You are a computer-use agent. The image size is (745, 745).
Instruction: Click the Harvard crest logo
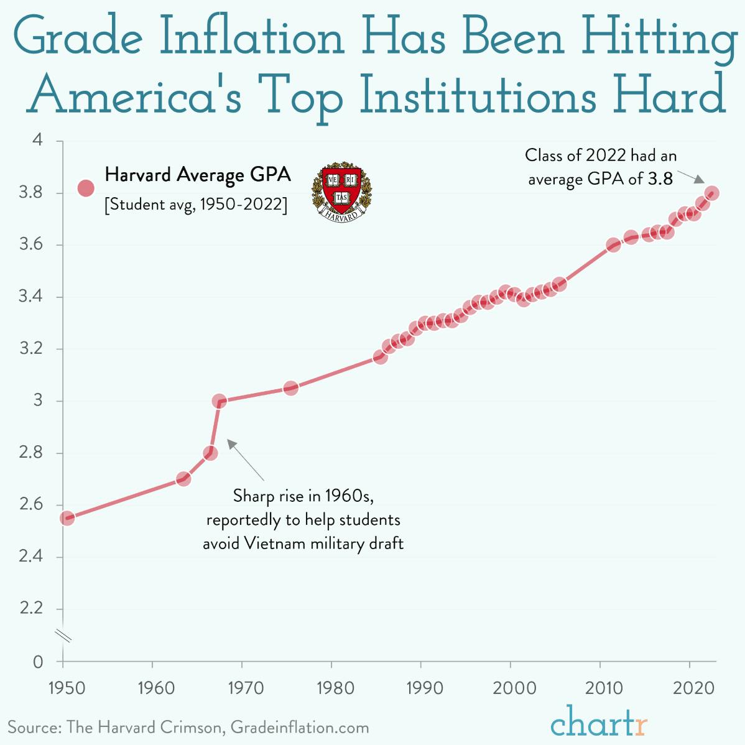[341, 192]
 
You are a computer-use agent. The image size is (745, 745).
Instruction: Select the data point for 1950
[67, 518]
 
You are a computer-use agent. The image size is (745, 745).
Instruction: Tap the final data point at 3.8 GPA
[712, 193]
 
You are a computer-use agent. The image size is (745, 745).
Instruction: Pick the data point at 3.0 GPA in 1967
[219, 401]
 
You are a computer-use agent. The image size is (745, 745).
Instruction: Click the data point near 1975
[290, 388]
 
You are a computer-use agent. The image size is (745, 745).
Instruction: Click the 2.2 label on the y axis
[30, 608]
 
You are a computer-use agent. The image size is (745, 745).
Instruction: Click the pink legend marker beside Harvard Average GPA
[85, 188]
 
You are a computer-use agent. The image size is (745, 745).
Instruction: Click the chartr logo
[599, 723]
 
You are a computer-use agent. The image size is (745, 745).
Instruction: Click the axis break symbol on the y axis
[63, 635]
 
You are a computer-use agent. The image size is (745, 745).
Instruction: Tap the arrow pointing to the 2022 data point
[690, 177]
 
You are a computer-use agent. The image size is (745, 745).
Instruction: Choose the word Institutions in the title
[478, 96]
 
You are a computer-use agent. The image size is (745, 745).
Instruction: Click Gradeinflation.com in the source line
[300, 727]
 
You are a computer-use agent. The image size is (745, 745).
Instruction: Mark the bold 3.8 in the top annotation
[660, 179]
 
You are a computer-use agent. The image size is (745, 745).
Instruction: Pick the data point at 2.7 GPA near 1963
[183, 479]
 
